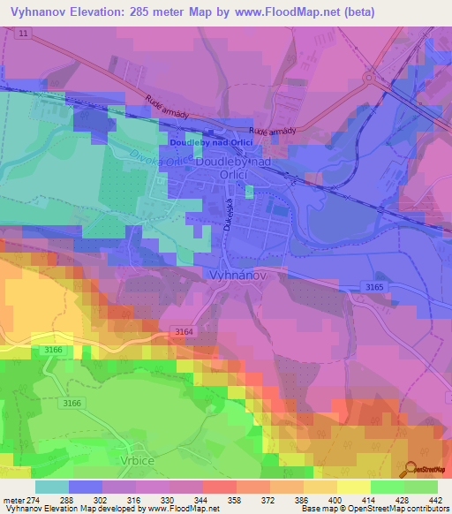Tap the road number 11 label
tap(23, 33)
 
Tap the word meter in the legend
tap(15, 500)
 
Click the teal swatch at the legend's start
tap(51, 487)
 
